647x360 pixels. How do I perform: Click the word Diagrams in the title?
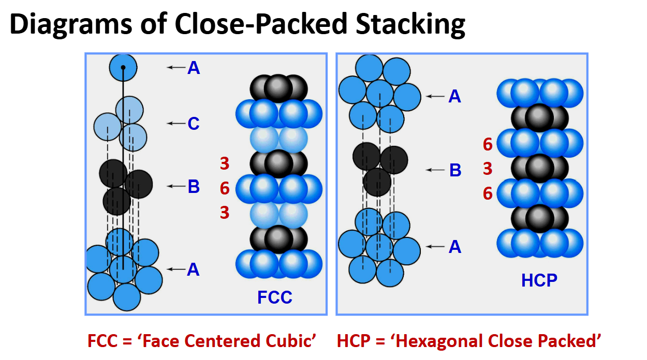71,25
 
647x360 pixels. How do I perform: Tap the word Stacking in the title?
410,25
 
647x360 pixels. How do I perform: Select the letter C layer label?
193,124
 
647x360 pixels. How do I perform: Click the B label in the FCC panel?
194,186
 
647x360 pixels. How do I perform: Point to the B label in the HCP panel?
455,170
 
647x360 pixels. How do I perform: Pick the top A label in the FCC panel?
194,68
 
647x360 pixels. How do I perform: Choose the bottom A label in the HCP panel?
455,247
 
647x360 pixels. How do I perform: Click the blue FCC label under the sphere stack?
275,297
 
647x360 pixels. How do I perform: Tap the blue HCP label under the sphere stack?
539,280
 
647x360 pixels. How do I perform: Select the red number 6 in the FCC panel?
225,188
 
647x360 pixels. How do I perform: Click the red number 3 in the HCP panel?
488,169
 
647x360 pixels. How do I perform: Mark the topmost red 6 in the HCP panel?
488,144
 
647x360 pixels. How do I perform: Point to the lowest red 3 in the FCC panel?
225,213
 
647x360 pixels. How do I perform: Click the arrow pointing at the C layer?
176,123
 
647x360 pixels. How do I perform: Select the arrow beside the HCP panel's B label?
435,170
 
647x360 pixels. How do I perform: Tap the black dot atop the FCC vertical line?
123,68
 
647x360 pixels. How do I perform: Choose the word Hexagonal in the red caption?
440,341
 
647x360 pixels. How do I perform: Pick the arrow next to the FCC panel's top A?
176,67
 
